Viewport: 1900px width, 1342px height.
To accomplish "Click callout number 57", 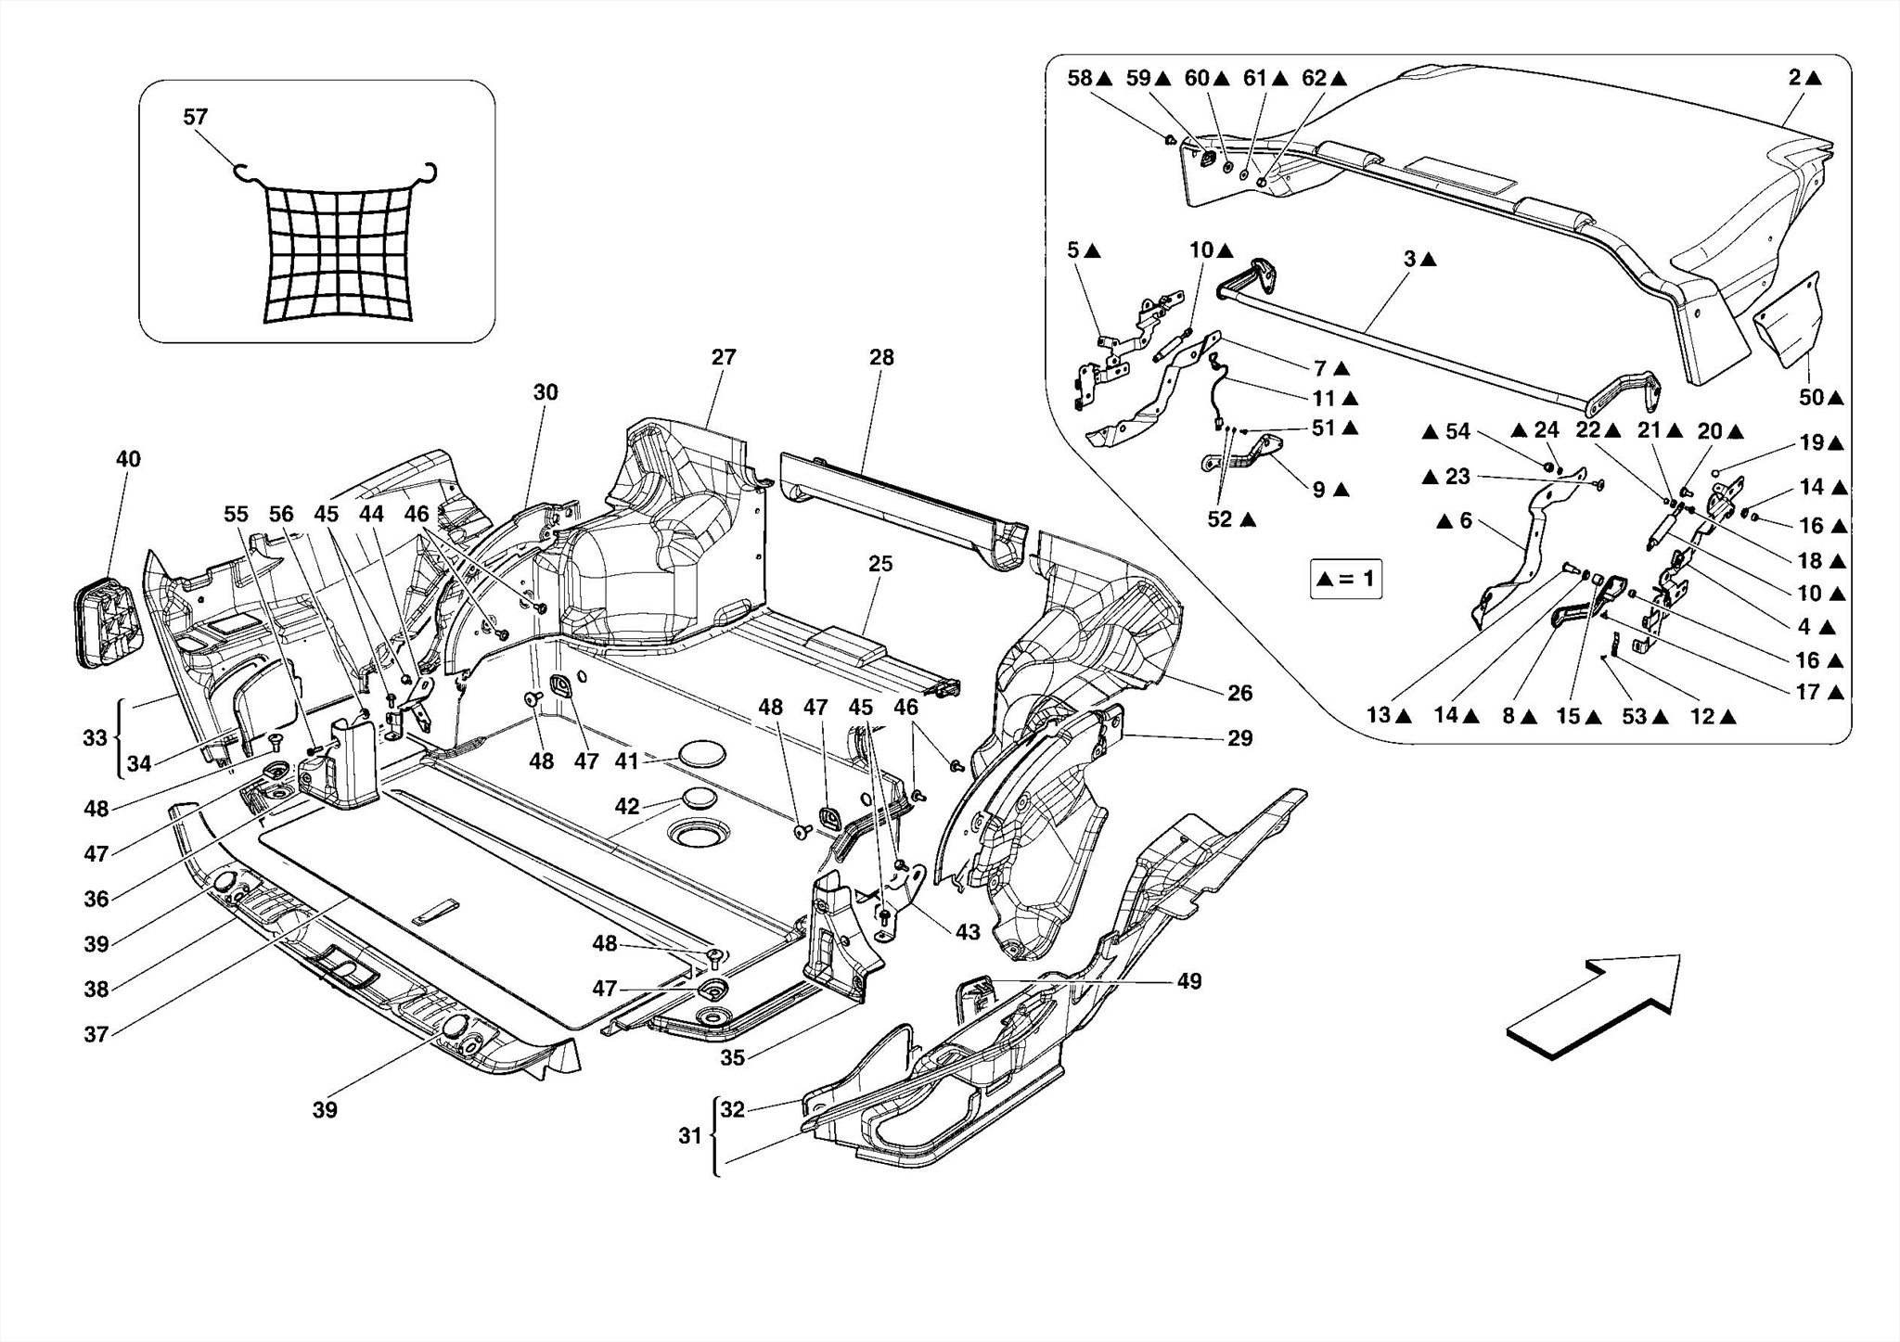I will (x=196, y=117).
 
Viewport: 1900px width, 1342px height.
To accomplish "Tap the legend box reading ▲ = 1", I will (x=1345, y=579).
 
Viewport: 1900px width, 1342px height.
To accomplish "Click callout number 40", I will (x=128, y=458).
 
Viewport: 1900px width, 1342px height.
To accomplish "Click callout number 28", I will (x=881, y=357).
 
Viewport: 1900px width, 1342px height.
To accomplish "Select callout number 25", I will (x=880, y=563).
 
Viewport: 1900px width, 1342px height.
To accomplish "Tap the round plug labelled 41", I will (x=701, y=754).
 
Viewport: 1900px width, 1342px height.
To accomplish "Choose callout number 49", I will (x=1189, y=980).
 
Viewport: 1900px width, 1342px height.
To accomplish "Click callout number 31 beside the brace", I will (x=689, y=1135).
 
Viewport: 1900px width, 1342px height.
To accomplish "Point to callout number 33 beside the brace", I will (x=96, y=738).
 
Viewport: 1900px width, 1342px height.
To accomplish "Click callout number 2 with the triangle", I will (x=1796, y=78).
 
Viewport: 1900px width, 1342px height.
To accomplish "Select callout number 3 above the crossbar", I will (x=1410, y=260).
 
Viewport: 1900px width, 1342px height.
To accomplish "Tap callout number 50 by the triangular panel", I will (x=1811, y=398).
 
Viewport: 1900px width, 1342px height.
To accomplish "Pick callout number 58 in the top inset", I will (x=1080, y=78).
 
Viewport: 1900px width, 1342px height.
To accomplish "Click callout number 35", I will (x=733, y=1057).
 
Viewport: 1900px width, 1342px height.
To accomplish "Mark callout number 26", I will (x=1239, y=693).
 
